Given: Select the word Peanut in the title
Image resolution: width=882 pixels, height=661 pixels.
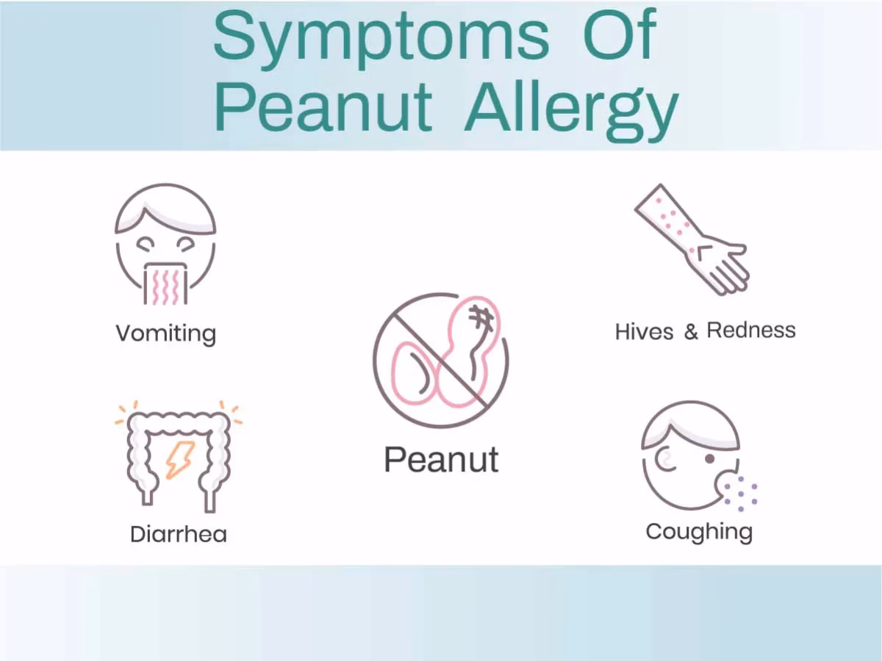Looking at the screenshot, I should click(x=323, y=109).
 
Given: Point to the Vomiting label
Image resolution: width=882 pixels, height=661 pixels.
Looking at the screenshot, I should click(x=165, y=334).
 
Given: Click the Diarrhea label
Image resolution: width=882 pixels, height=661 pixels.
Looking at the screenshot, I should click(x=178, y=534).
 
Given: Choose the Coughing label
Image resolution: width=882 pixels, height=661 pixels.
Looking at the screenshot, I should click(x=699, y=532).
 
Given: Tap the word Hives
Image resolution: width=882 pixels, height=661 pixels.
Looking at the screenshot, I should click(x=644, y=332).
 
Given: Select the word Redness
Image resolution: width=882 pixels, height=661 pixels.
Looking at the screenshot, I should click(x=751, y=330).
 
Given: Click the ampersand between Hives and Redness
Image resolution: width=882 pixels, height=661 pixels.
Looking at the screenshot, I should click(x=691, y=332).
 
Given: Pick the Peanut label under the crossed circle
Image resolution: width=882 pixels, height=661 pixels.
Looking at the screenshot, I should click(x=441, y=459).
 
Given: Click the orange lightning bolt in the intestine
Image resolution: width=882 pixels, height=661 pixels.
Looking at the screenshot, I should click(x=179, y=459).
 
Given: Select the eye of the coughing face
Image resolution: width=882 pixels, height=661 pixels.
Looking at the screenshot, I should click(x=709, y=458).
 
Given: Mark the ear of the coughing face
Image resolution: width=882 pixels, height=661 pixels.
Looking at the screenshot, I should click(x=665, y=461).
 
